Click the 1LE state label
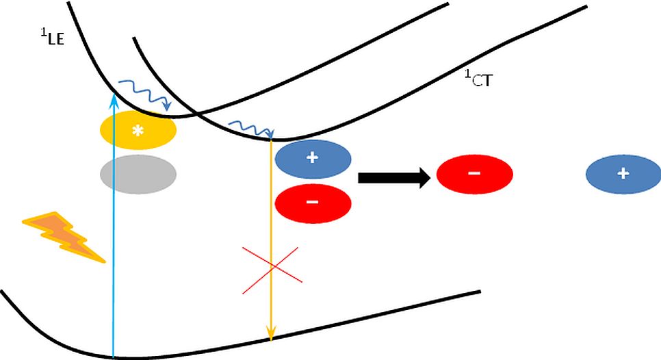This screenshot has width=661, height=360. (52, 37)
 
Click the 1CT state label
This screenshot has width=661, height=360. (480, 81)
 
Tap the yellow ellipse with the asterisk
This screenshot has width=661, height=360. (138, 130)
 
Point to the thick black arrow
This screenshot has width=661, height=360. (394, 178)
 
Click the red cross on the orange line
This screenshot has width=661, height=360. (272, 266)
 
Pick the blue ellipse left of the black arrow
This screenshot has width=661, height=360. (313, 158)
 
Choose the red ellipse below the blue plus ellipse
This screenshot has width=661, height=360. (313, 203)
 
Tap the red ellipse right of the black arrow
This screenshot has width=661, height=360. (474, 174)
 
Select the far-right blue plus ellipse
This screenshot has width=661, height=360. (623, 174)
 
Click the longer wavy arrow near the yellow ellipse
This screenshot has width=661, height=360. (144, 94)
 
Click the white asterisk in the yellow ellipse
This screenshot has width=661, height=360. (138, 130)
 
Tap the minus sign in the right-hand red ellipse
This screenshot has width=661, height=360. (474, 174)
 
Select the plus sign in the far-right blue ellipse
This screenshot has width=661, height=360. (623, 174)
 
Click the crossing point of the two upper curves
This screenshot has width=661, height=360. (194, 112)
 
